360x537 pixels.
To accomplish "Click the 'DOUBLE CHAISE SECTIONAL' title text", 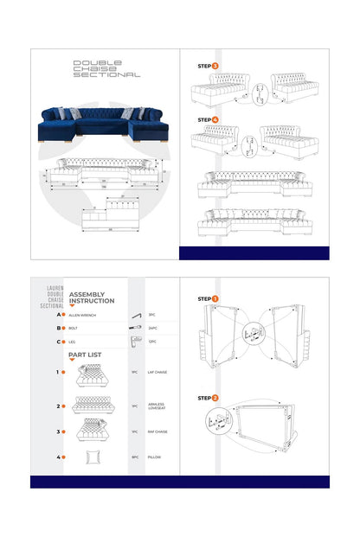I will tap(106, 68).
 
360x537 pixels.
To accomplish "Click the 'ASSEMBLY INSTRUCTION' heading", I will tap(91, 297).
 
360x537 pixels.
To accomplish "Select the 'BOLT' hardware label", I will tap(73, 329).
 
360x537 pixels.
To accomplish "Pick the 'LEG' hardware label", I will tap(72, 342).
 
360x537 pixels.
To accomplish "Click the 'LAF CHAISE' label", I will tap(157, 373).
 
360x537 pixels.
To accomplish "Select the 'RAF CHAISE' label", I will tap(157, 432).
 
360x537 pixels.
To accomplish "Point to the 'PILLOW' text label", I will tap(153, 457).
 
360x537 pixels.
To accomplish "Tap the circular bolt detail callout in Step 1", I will tap(251, 330).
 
